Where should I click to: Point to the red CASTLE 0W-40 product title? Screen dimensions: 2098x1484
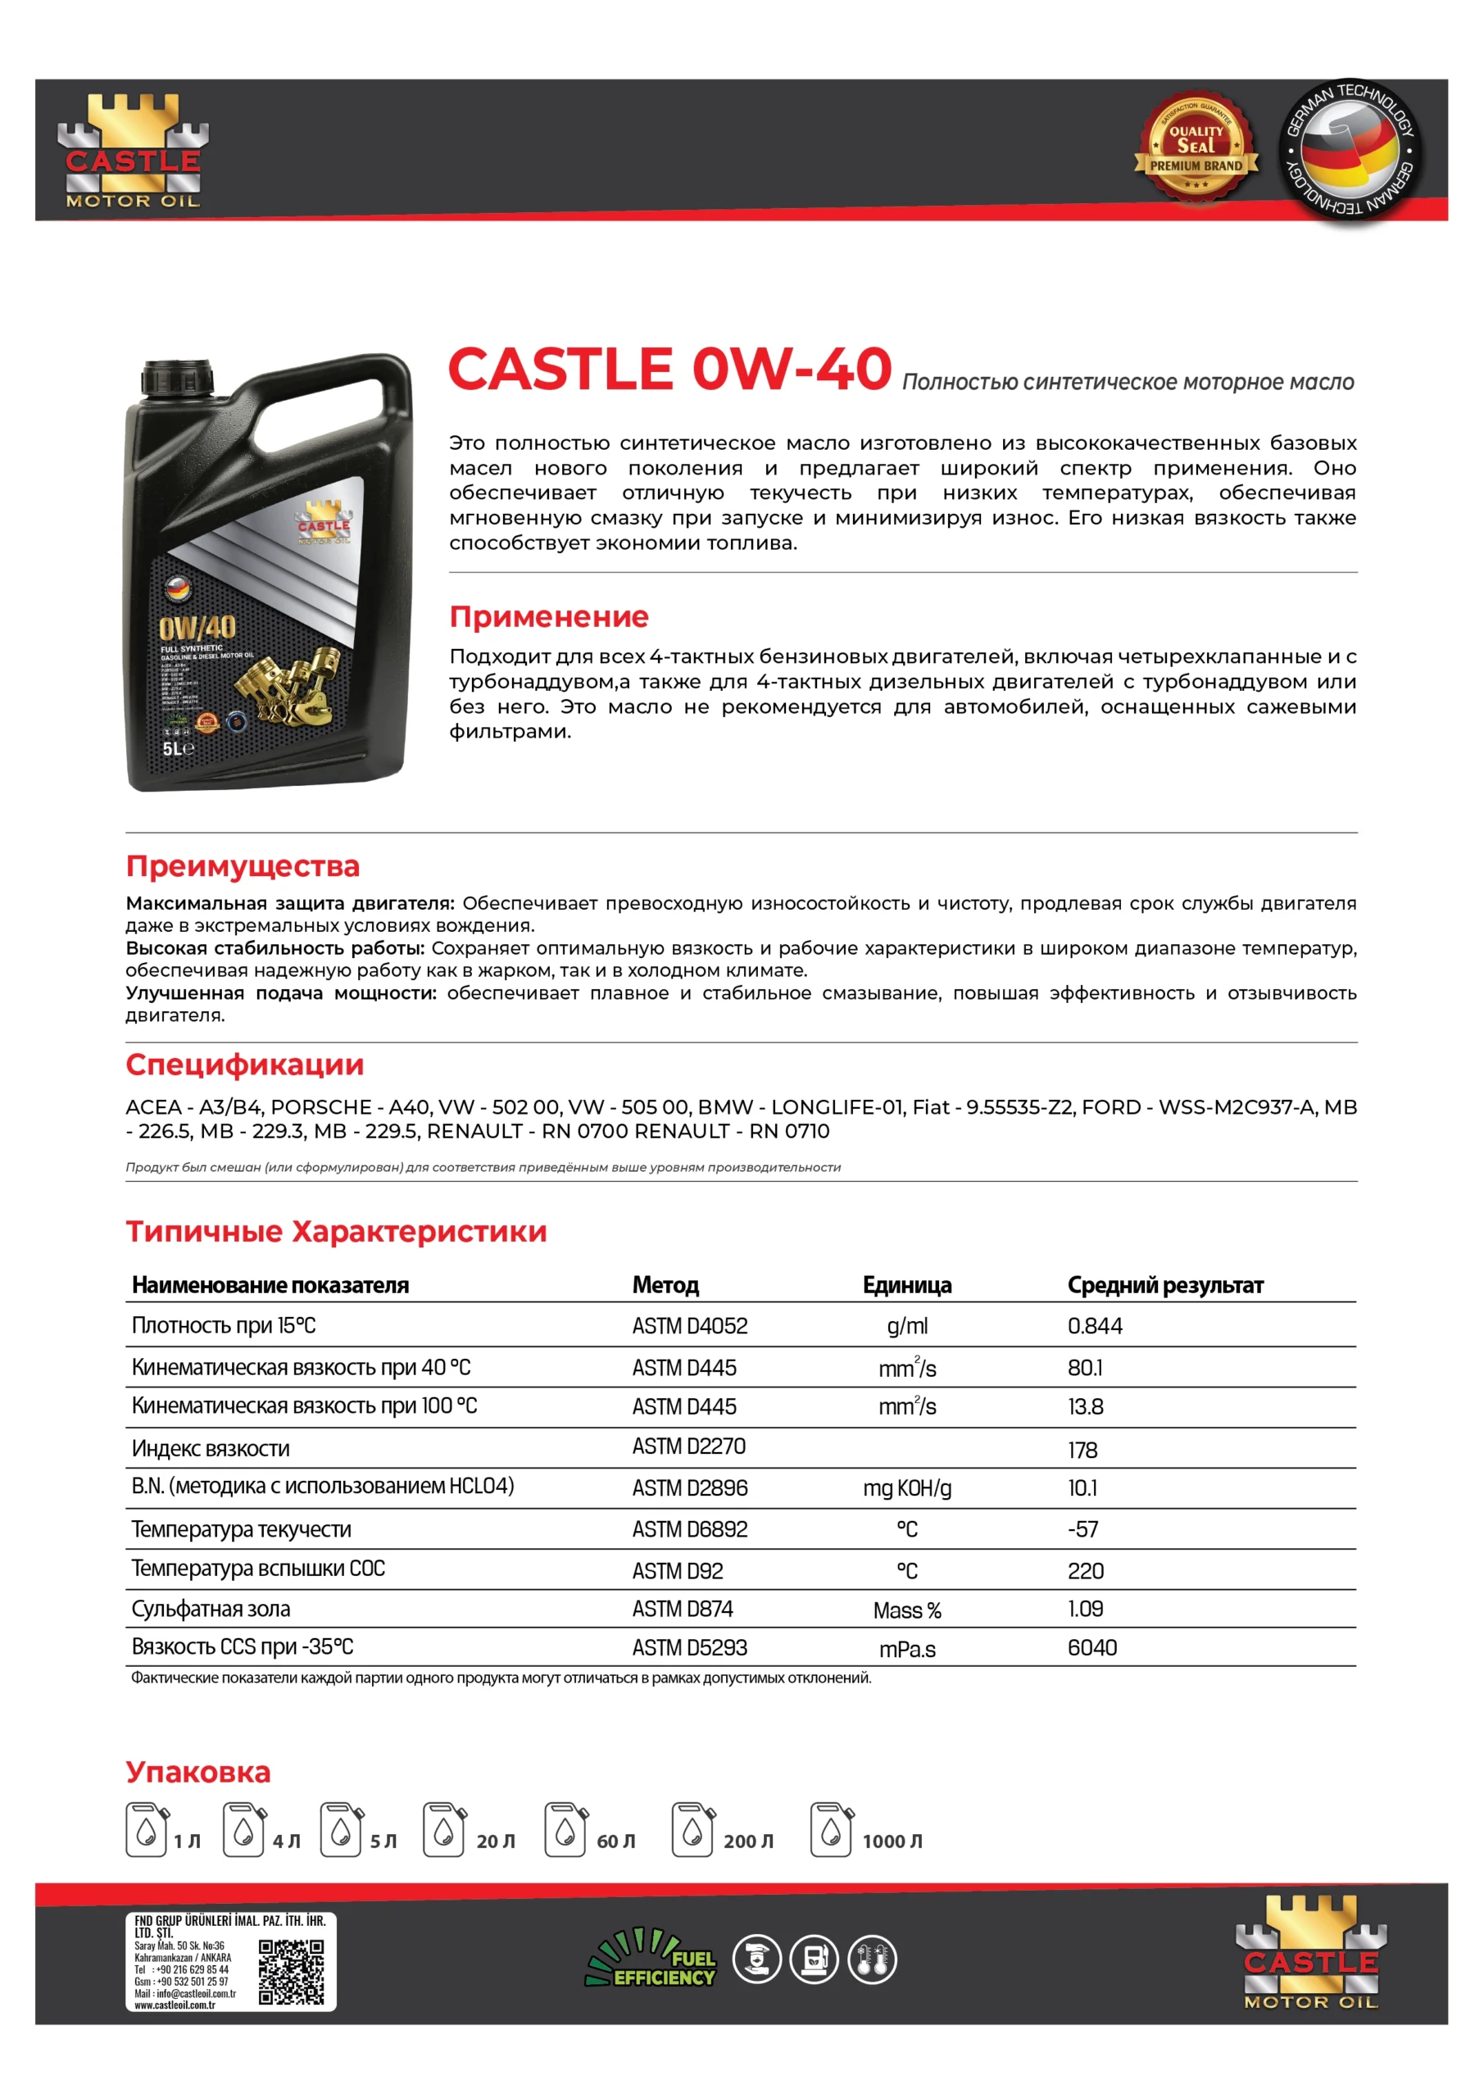669,369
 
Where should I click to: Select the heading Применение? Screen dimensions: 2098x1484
548,617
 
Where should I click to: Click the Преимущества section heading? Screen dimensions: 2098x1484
243,865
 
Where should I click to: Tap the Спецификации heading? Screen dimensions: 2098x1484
244,1064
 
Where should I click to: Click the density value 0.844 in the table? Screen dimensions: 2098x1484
1095,1326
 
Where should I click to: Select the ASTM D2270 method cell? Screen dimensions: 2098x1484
688,1446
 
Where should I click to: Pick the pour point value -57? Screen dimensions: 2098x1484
1082,1528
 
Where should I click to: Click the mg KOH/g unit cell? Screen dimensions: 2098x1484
906,1487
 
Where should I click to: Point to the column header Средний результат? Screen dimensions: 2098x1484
1165,1285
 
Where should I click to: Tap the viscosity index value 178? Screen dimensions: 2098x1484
1082,1450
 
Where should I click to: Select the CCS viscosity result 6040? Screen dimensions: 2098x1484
1092,1647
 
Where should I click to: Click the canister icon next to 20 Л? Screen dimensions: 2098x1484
444,1828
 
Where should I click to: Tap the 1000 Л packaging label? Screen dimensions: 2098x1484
892,1841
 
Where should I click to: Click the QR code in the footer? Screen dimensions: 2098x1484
291,1972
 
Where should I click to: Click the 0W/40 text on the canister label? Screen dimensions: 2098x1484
197,628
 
